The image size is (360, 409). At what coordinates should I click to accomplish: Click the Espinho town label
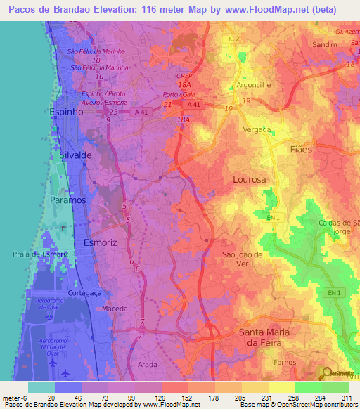[68, 111]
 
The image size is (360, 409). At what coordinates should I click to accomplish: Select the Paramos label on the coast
[68, 200]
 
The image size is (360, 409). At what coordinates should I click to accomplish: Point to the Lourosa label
[250, 180]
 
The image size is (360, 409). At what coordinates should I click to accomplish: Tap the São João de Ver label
[242, 259]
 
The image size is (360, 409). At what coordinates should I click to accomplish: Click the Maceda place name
[115, 309]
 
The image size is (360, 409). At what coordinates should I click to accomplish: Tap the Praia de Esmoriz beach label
[35, 253]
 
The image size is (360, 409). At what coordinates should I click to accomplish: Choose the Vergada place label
[257, 129]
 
